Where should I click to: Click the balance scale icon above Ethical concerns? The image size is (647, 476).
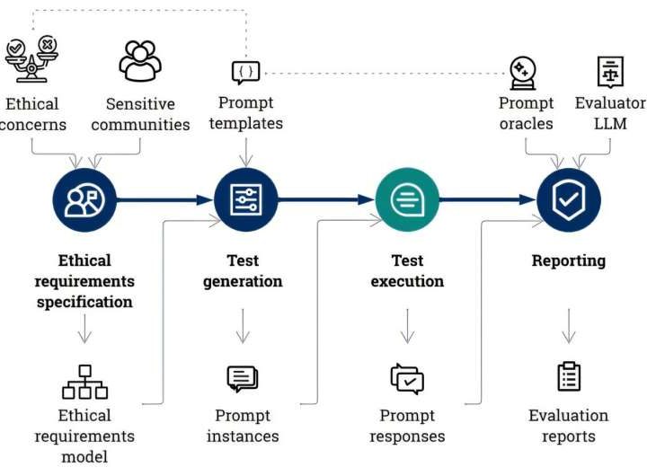click(31, 59)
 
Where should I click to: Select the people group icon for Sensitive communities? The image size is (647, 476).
click(140, 61)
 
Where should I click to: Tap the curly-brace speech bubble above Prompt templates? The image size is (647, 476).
click(245, 72)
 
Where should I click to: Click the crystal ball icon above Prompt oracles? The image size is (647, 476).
click(523, 71)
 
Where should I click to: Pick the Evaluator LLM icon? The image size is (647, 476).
click(610, 71)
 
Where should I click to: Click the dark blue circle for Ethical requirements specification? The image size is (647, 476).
click(84, 199)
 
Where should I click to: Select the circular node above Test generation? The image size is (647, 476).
click(245, 199)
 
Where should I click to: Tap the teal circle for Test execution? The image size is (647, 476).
click(407, 199)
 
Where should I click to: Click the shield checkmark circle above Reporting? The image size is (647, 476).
click(568, 199)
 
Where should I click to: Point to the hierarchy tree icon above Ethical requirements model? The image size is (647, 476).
click(84, 382)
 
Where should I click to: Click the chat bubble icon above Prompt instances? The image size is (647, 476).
click(243, 380)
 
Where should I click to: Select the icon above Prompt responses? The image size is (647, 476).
click(407, 380)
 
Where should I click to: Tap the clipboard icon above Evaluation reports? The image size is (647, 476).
click(568, 377)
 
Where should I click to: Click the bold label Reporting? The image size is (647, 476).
click(568, 261)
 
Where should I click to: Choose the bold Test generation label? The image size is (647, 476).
click(243, 270)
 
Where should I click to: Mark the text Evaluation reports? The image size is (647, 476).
click(568, 426)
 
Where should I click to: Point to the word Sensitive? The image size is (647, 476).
click(139, 103)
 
